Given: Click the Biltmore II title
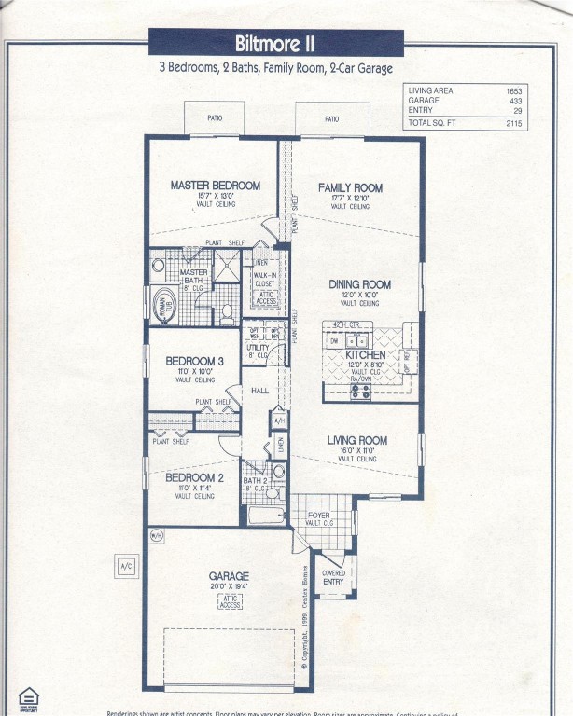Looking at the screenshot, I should pyautogui.click(x=275, y=44).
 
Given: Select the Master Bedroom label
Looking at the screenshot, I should pyautogui.click(x=215, y=186).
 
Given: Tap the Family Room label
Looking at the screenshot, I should pyautogui.click(x=350, y=187).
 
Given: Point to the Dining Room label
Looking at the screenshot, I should pyautogui.click(x=359, y=284).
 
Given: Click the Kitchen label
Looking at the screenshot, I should pyautogui.click(x=365, y=355).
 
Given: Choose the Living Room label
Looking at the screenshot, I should pyautogui.click(x=356, y=440).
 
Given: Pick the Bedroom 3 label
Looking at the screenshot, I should pyautogui.click(x=194, y=361).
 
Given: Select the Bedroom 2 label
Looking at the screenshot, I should pyautogui.click(x=194, y=478).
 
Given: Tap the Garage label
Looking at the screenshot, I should pyautogui.click(x=229, y=576).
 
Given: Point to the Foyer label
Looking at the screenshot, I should pyautogui.click(x=318, y=515).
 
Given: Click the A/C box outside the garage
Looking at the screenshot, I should pyautogui.click(x=126, y=566).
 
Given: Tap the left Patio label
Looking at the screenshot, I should pyautogui.click(x=213, y=119).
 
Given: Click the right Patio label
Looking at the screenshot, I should pyautogui.click(x=331, y=119).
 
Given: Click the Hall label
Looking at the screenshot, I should pyautogui.click(x=259, y=391).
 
